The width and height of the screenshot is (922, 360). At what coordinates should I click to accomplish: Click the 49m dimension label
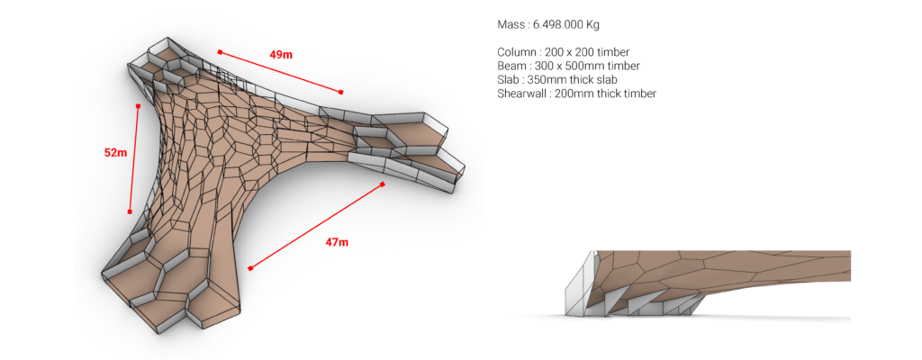tap(281, 55)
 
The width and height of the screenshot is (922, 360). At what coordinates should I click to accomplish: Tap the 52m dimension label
tap(115, 152)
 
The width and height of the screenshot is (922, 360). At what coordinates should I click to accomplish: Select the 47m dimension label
tap(337, 242)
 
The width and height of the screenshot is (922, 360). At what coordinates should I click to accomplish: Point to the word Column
tap(514, 52)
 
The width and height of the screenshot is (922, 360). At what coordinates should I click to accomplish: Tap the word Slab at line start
tap(508, 79)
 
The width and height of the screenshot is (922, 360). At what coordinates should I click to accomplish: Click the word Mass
tap(510, 24)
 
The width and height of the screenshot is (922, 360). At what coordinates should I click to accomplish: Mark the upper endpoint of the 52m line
tap(138, 106)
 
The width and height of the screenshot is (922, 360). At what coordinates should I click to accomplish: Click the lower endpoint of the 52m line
tap(130, 211)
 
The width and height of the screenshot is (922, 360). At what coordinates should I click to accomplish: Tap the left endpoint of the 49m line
tap(220, 52)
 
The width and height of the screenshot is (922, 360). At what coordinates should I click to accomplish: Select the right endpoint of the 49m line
tap(341, 92)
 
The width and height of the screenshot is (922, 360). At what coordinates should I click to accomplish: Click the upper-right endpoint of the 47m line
tap(382, 184)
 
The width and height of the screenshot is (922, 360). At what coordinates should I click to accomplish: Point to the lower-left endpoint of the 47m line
tap(250, 268)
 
